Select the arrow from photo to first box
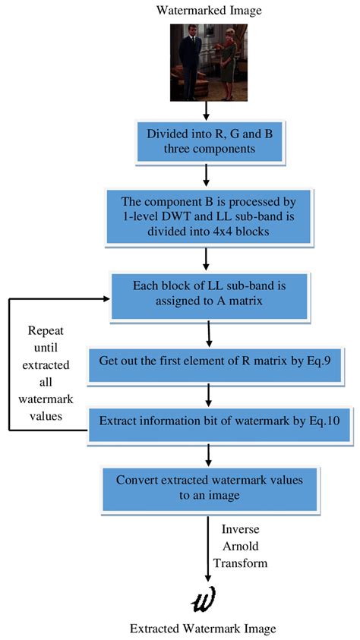pos(207,111)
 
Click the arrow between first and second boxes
pos(207,176)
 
